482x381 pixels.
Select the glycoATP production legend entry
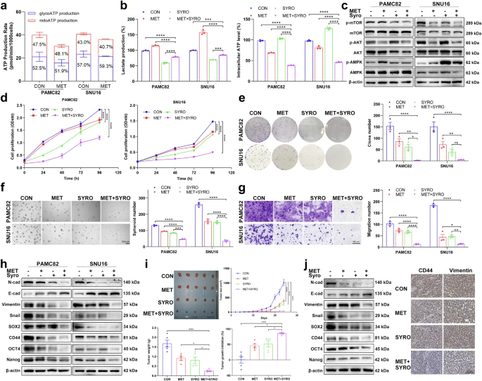tap(37, 10)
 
